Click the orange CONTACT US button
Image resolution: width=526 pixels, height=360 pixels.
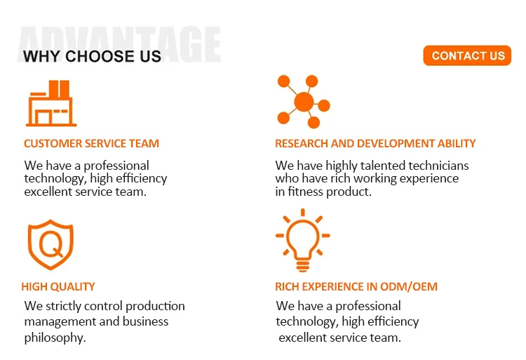click(467, 55)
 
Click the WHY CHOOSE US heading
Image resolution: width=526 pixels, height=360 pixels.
click(92, 56)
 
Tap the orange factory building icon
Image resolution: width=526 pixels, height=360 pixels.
click(51, 103)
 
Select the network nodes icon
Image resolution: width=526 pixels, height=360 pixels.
click(304, 101)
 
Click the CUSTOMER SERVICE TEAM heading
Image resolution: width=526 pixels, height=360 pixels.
click(91, 144)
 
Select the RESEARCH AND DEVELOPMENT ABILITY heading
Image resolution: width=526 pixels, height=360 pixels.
click(375, 144)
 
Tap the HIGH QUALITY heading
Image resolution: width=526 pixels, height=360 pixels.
click(58, 287)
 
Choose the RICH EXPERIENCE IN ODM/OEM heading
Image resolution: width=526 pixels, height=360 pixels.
click(356, 287)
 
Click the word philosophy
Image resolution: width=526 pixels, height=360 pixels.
click(55, 338)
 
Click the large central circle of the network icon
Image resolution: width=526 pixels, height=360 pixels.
click(304, 102)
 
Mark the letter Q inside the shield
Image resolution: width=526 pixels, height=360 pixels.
click(51, 244)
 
